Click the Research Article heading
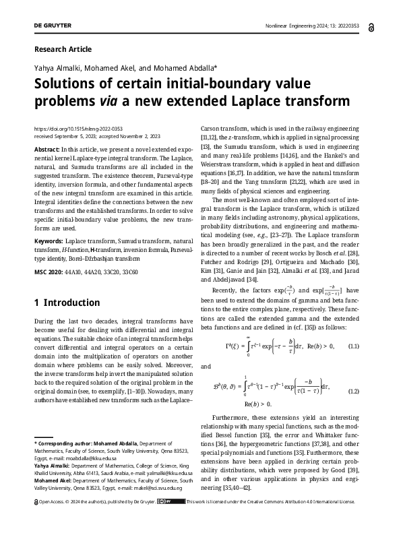pyautogui.click(x=62, y=49)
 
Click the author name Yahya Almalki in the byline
pyautogui.click(x=59, y=69)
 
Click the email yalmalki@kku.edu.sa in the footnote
pyautogui.click(x=159, y=473)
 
